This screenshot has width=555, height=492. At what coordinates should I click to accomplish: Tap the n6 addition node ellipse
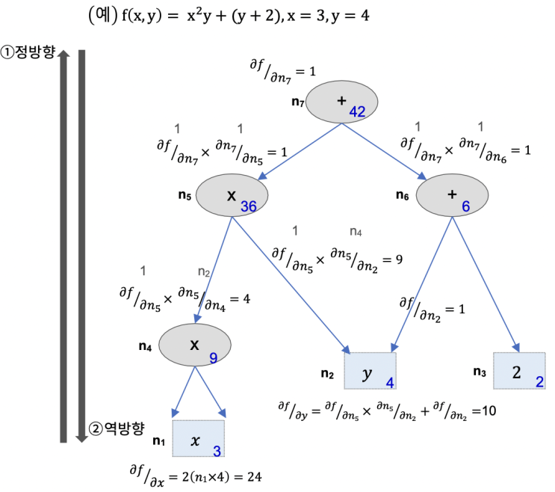click(x=451, y=194)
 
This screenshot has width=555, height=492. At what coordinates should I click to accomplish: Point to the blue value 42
click(x=356, y=111)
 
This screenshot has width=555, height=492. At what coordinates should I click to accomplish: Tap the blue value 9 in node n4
click(x=213, y=358)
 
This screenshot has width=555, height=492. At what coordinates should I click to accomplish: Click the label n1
click(x=158, y=441)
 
